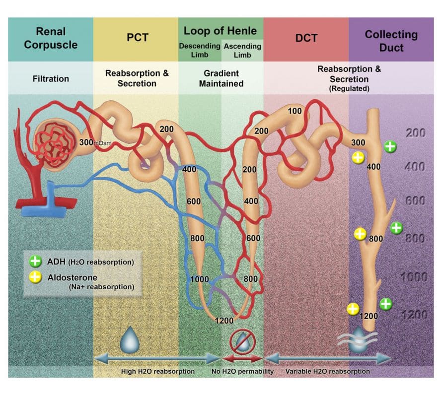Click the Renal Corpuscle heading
coord(50,39)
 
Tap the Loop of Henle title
coord(220,31)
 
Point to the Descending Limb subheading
coord(199,50)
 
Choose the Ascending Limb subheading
coord(242,50)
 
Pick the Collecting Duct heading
coord(391,41)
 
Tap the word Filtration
coord(50,78)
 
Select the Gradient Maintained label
coord(221,78)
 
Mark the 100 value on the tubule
coord(295,111)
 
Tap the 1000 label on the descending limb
coord(200,279)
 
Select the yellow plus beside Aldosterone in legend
coord(35,278)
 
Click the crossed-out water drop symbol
coord(242,342)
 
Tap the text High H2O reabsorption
coord(158,371)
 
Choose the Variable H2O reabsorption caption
coord(327,371)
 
